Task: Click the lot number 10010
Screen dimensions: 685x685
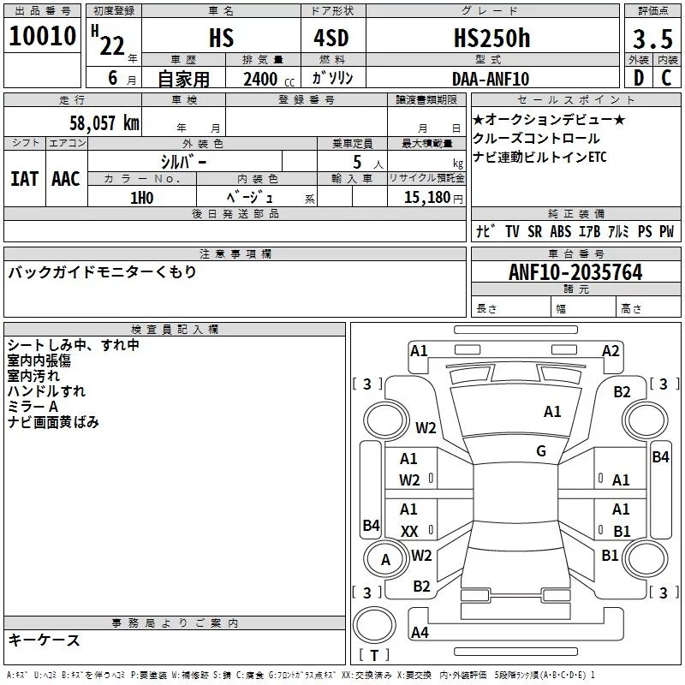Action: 42,36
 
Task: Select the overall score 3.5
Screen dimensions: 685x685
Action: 652,39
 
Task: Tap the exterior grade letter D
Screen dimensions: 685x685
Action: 639,78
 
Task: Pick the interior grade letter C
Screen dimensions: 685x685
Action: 666,78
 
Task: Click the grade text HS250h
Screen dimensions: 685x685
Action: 491,38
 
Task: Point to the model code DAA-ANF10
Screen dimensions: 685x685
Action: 491,79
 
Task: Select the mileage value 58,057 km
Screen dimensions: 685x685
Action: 104,122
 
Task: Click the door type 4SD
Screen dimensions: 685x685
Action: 331,38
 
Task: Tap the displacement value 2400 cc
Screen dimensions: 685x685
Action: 269,79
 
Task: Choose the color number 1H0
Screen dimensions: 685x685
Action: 141,198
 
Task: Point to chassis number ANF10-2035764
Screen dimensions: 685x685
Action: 575,272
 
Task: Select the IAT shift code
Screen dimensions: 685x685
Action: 24,179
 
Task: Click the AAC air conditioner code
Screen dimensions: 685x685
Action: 66,179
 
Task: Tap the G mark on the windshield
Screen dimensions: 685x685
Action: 541,451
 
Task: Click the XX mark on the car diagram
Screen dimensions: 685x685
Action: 409,531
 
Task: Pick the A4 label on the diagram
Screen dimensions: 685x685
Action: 420,632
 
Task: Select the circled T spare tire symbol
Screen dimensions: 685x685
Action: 374,625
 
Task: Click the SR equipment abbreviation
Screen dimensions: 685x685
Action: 534,231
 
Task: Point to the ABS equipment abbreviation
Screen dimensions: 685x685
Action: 561,231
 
